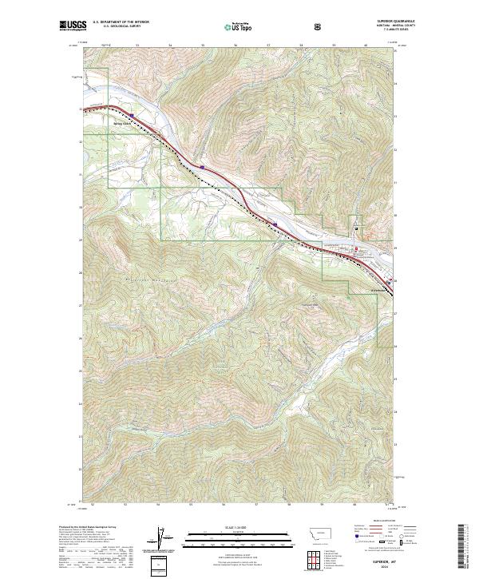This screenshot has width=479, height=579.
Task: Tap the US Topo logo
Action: tap(239, 26)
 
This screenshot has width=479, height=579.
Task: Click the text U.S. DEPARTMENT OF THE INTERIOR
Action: tap(121, 22)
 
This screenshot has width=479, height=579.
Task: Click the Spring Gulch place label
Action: tap(121, 123)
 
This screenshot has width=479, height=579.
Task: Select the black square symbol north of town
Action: tap(356, 232)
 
